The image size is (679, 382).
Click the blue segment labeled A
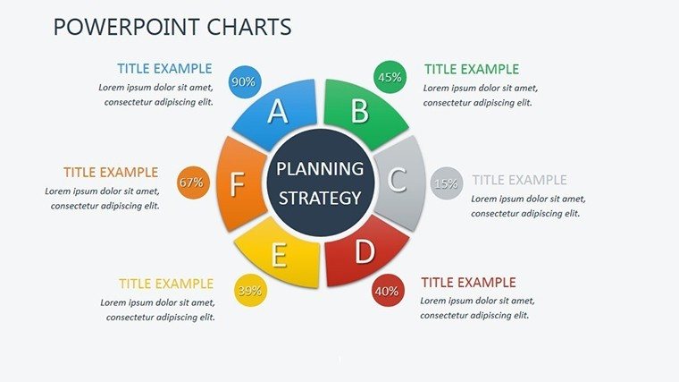tap(277, 113)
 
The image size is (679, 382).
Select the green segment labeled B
tap(362, 112)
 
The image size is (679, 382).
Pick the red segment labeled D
tap(363, 252)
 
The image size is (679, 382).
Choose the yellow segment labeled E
tap(280, 255)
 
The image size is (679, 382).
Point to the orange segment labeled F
tap(239, 184)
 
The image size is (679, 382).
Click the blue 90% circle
tap(245, 81)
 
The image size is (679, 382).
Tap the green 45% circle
tap(390, 77)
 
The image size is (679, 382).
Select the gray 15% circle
tap(447, 183)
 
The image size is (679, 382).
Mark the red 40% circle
tap(388, 291)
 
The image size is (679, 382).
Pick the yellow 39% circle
tap(250, 291)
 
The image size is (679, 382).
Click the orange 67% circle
tap(193, 183)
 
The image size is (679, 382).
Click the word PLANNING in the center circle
tap(320, 169)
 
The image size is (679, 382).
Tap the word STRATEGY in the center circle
tap(320, 198)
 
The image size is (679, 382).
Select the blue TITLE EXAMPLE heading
tap(164, 69)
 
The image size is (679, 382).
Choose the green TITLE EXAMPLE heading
tap(472, 69)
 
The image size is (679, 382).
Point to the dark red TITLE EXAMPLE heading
tap(468, 283)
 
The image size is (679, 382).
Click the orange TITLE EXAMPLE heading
tap(111, 172)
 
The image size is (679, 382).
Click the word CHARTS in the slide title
tap(249, 27)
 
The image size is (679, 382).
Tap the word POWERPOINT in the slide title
tap(126, 27)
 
